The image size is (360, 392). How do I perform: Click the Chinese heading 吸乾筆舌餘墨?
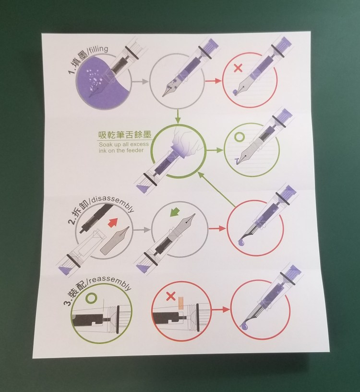125,135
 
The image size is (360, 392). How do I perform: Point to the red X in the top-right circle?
238,68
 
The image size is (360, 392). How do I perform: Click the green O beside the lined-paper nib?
240,137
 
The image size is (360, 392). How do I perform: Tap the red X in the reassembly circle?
171,296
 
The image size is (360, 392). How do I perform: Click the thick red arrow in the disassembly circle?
113,222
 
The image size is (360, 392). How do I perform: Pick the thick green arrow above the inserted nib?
175,213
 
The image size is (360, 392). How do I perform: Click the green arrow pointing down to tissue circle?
178,116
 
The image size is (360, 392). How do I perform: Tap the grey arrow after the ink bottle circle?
140,82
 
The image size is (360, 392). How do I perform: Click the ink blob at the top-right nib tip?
235,92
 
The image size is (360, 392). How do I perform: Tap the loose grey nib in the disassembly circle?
115,240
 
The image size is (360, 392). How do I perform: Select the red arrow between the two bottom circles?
220,310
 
